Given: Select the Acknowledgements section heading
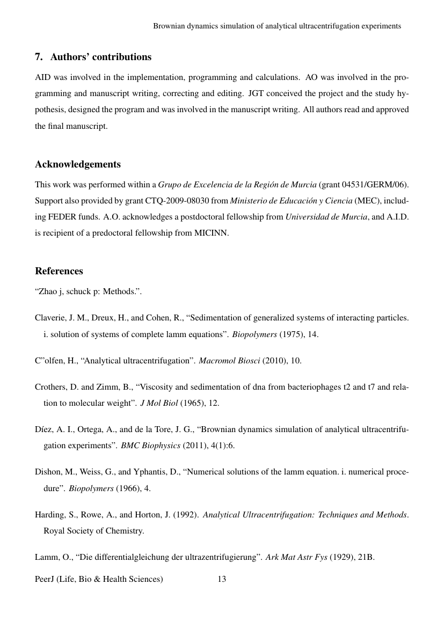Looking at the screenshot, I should pos(78,164).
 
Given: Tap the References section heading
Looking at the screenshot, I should pos(59,271).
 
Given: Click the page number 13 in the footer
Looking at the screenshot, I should pos(222,579).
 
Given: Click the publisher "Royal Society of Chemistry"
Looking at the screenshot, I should pos(94,531).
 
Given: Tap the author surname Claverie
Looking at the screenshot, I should pos(50,318).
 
